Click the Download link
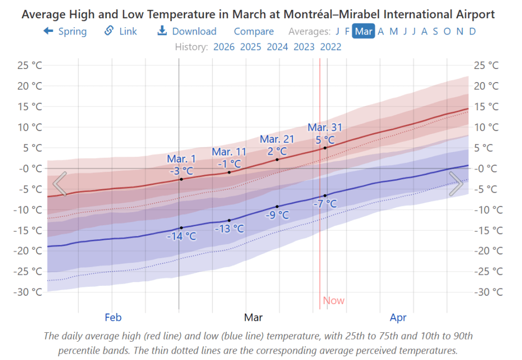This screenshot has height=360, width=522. click(187, 31)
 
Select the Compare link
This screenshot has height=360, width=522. click(254, 31)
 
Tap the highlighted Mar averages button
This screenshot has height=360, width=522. click(364, 31)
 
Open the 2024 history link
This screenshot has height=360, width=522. click(277, 47)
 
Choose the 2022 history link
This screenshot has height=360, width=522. click(330, 47)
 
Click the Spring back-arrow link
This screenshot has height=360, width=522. click(65, 31)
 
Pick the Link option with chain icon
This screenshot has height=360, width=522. click(121, 31)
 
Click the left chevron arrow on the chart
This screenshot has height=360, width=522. click(60, 184)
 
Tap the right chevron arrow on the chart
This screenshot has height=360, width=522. click(456, 184)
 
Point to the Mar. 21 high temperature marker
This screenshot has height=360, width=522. click(277, 159)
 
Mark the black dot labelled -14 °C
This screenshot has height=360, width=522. click(181, 228)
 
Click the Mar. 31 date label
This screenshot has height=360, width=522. click(325, 127)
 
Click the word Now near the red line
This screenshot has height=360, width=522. click(334, 300)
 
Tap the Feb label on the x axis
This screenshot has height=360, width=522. click(113, 317)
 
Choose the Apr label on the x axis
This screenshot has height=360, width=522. click(398, 317)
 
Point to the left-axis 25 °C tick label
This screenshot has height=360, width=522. click(30, 65)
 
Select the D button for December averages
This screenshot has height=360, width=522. click(472, 31)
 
